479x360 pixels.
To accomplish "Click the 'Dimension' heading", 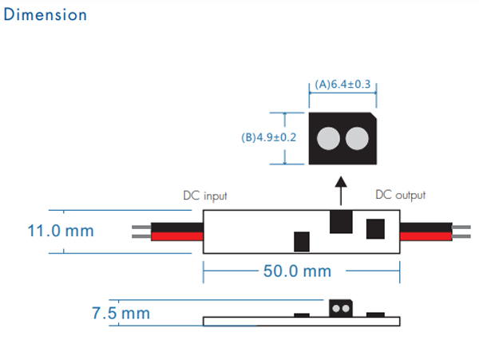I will click(46, 15).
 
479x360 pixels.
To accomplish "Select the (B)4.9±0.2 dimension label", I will click(268, 137).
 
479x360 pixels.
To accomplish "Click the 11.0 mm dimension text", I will click(60, 231).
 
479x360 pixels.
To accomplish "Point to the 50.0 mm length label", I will click(296, 271).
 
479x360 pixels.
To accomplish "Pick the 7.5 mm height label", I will click(121, 313).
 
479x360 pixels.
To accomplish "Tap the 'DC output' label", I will click(401, 195).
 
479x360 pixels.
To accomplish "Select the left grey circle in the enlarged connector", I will click(327, 139).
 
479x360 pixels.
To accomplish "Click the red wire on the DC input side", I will click(176, 236).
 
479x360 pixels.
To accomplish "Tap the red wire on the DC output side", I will click(425, 235).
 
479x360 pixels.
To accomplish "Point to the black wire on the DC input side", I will click(176, 227).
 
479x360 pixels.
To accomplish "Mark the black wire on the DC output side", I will click(425, 226).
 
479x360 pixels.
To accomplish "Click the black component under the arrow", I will click(341, 221).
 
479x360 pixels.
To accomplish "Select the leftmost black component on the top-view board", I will click(302, 240).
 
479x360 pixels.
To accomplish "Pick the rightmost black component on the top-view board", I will click(375, 228).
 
